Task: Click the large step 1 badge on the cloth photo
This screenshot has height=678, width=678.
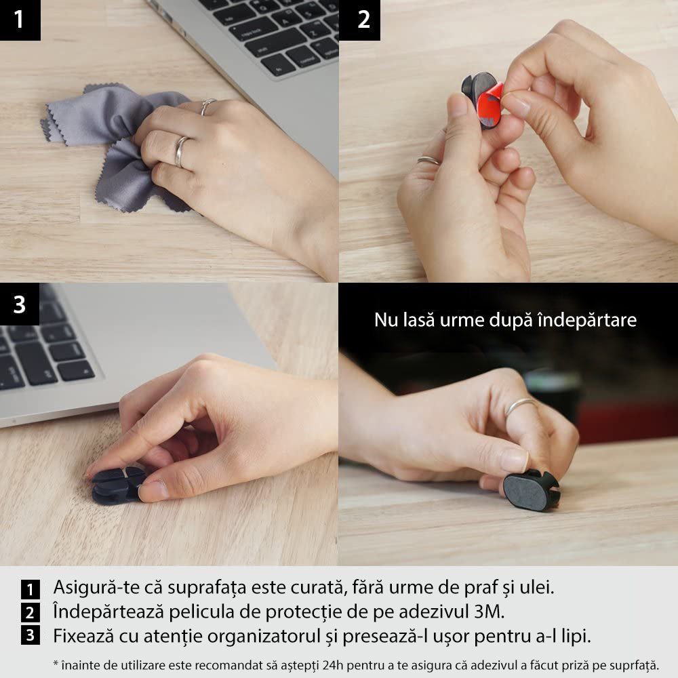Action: point(20,20)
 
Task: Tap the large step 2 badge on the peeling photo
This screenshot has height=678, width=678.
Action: point(364,20)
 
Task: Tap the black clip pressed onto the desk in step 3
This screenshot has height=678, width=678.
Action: point(117,485)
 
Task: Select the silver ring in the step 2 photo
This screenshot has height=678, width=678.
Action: point(428,161)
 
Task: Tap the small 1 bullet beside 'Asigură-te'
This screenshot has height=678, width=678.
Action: point(30,588)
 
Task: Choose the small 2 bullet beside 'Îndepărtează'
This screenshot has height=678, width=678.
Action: point(30,613)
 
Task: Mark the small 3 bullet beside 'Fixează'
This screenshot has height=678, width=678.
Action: point(30,637)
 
